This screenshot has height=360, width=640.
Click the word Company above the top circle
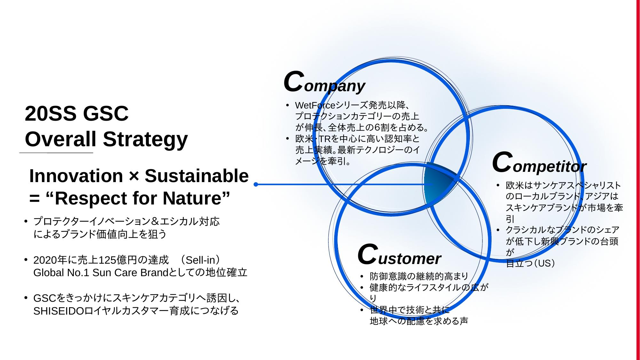tap(324, 83)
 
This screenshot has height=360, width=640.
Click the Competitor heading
tap(539, 163)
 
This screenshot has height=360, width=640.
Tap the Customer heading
tap(399, 255)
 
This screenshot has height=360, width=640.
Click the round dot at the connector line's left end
tap(256, 184)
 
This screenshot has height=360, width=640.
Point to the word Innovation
tap(76, 176)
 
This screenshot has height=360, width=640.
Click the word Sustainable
tap(197, 176)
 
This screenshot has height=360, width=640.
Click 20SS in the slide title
tap(51, 113)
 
